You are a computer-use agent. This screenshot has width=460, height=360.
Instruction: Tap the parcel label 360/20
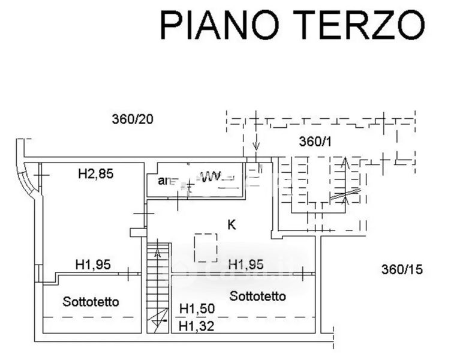[133, 119]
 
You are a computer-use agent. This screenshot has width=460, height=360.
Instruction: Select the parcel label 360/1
[315, 142]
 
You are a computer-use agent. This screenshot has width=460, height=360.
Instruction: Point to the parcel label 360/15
[402, 269]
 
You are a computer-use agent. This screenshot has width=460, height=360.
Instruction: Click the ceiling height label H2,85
[96, 175]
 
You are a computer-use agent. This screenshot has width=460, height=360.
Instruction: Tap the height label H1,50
[196, 308]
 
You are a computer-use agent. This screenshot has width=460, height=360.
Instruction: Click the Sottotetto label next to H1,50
[257, 296]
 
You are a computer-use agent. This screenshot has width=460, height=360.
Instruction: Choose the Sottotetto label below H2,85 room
[91, 301]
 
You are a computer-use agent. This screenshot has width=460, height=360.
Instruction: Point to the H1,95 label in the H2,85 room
[93, 263]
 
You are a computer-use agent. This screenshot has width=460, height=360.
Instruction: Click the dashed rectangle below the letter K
[205, 247]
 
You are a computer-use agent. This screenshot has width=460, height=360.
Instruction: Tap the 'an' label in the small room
[163, 180]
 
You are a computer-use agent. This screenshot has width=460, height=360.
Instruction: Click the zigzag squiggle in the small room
[211, 176]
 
